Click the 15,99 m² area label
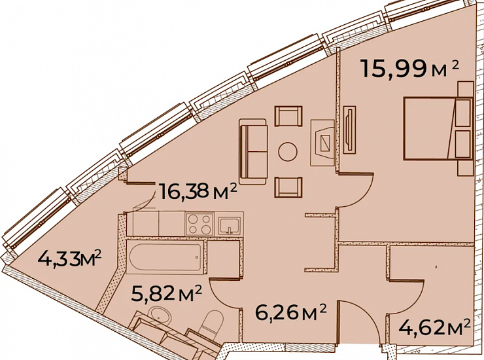pyautogui.click(x=409, y=69)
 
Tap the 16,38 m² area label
pyautogui.click(x=198, y=192)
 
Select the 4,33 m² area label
pyautogui.click(x=69, y=261)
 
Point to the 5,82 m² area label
pyautogui.click(x=166, y=293)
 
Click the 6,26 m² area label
pyautogui.click(x=290, y=313)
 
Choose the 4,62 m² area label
pyautogui.click(x=434, y=328)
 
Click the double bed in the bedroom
pyautogui.click(x=438, y=128)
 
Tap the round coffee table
pyautogui.click(x=288, y=151)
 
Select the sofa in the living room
pyautogui.click(x=253, y=151)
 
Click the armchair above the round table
pyautogui.click(x=288, y=116)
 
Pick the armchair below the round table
pyautogui.click(x=288, y=187)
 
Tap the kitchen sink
pyautogui.click(x=230, y=225)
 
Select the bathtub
pyautogui.click(x=165, y=257)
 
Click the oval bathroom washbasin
pyautogui.click(x=159, y=316)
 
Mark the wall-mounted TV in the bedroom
pyautogui.click(x=349, y=129)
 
